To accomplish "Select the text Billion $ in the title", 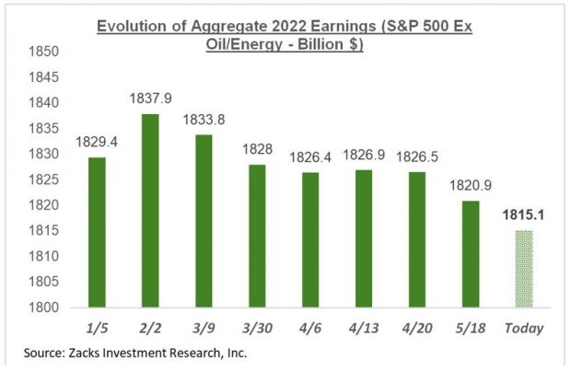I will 328,43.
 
